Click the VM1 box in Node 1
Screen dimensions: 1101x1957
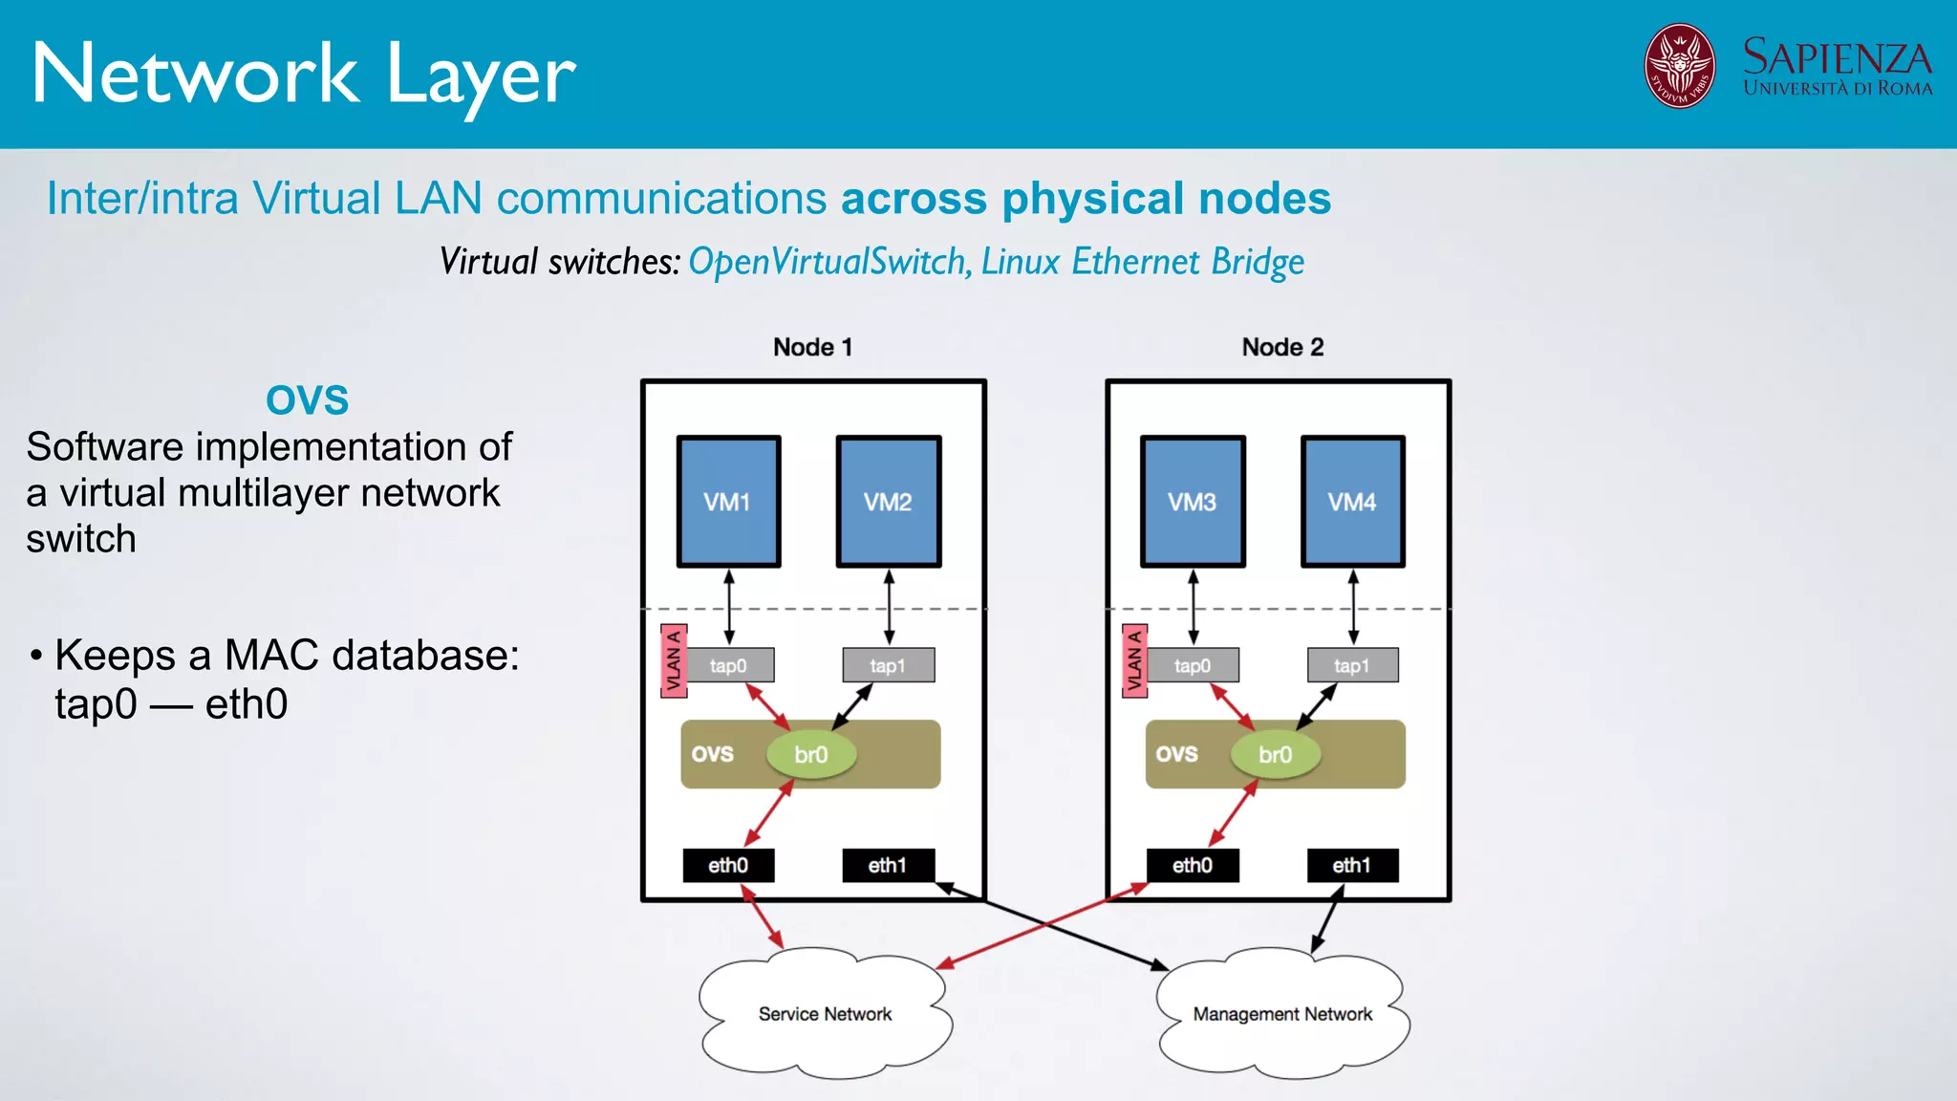pyautogui.click(x=728, y=502)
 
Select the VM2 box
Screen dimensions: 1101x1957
pyautogui.click(x=888, y=502)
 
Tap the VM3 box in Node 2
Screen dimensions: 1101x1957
pyautogui.click(x=1193, y=502)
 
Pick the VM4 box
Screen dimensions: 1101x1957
pyautogui.click(x=1352, y=502)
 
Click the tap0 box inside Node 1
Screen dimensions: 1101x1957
pyautogui.click(x=728, y=665)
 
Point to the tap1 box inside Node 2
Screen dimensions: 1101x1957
pyautogui.click(x=1352, y=665)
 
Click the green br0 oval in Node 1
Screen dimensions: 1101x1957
pyautogui.click(x=810, y=755)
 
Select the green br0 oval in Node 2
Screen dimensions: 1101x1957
pyautogui.click(x=1275, y=755)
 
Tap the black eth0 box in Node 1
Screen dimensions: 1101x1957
pyautogui.click(x=728, y=865)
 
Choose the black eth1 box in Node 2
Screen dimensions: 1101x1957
pyautogui.click(x=1352, y=865)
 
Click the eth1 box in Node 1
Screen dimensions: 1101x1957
pyautogui.click(x=888, y=865)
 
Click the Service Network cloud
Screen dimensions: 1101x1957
pyautogui.click(x=825, y=1013)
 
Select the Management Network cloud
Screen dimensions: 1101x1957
pyautogui.click(x=1282, y=1013)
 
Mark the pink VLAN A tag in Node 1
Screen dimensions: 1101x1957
pyautogui.click(x=674, y=660)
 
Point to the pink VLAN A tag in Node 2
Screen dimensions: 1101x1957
pyautogui.click(x=1134, y=660)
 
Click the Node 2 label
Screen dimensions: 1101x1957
pyautogui.click(x=1282, y=347)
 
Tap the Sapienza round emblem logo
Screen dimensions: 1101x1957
pyautogui.click(x=1679, y=66)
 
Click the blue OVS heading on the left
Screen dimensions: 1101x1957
pyautogui.click(x=307, y=399)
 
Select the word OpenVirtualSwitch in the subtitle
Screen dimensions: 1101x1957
pyautogui.click(x=828, y=262)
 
